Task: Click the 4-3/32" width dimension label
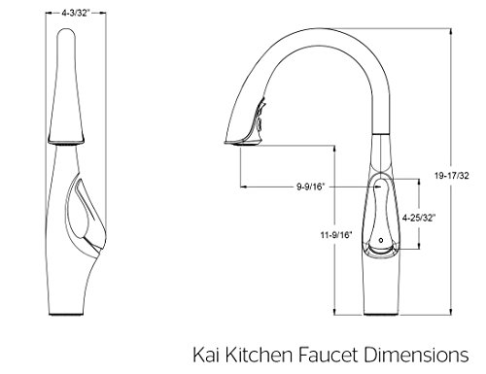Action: (75, 13)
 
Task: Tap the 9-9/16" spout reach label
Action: (310, 187)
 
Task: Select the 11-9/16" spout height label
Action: (336, 235)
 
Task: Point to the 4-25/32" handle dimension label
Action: (418, 218)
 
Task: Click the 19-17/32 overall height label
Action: (451, 176)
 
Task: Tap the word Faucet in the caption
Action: (328, 355)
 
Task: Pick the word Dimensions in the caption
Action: (416, 355)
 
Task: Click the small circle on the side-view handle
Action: (381, 241)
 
